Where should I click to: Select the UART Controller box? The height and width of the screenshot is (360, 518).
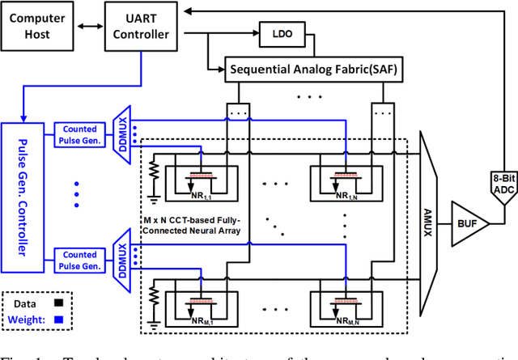point(141,26)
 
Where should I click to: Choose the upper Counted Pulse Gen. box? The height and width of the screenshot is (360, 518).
point(79,135)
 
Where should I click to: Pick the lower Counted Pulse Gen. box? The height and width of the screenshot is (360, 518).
point(79,260)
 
